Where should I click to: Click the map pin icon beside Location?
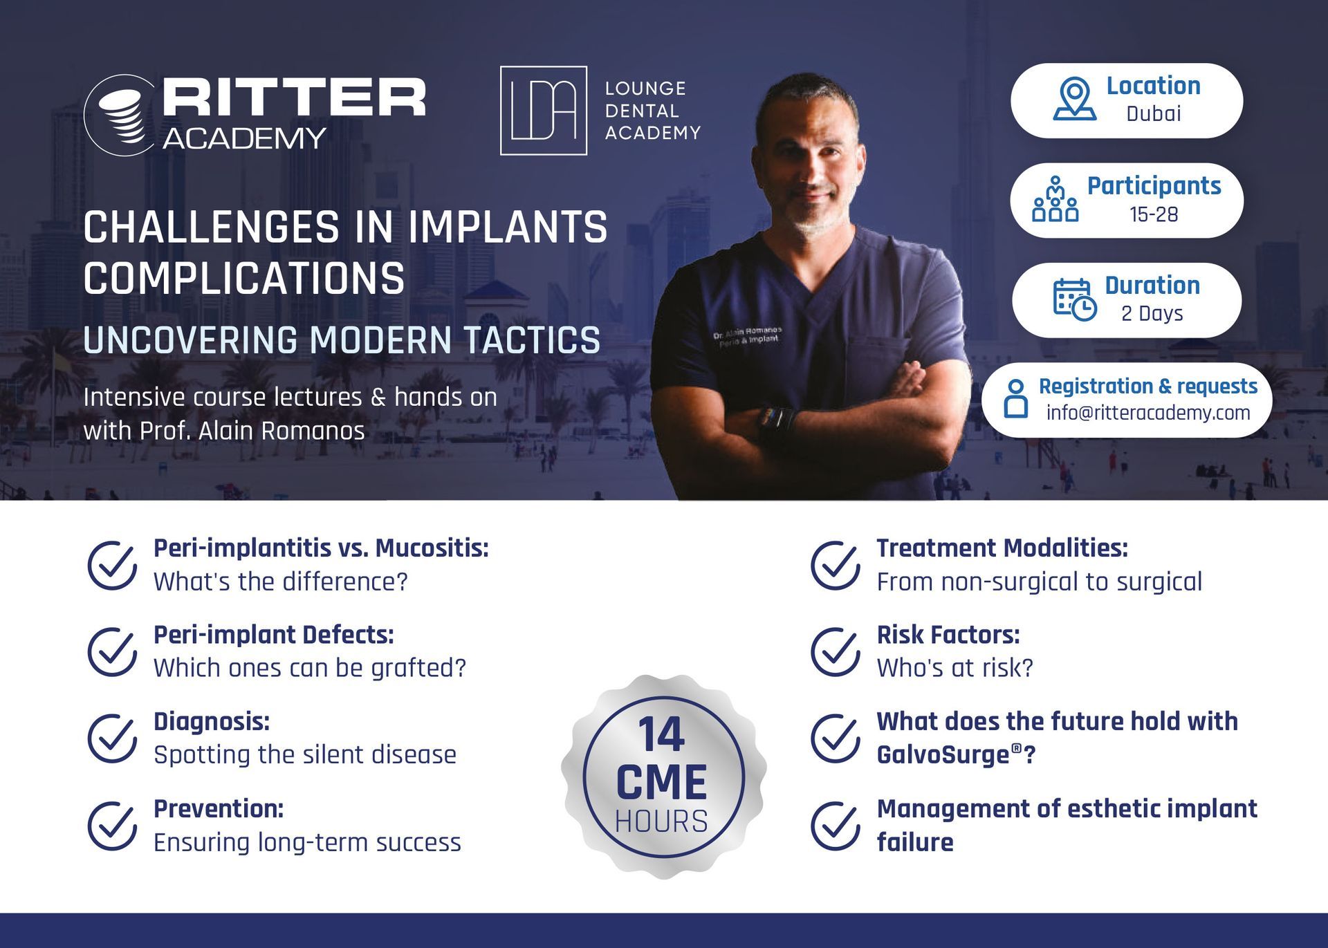pos(1074,99)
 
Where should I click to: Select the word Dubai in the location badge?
pos(1153,113)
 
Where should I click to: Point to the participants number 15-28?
pos(1154,214)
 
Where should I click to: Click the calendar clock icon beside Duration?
pos(1075,299)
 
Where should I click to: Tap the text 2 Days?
pos(1152,313)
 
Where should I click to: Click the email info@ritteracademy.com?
pos(1148,413)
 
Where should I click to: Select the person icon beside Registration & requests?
pos(1015,398)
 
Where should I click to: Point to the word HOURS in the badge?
pos(662,821)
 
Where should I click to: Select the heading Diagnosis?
pos(212,721)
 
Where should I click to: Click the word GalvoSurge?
pos(943,754)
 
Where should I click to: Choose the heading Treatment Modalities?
pos(1002,548)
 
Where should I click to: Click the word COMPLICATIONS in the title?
pos(244,279)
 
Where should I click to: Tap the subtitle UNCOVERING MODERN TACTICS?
pos(342,340)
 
